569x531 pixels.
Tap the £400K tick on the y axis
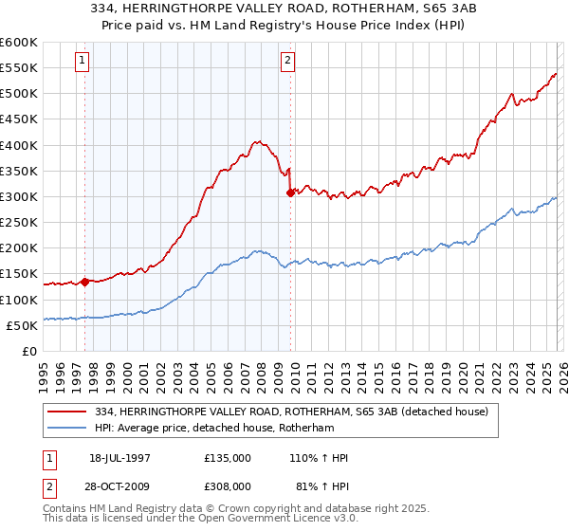[18, 145]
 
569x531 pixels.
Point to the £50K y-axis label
[21, 325]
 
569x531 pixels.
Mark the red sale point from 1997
[85, 282]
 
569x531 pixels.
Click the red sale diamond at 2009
[290, 192]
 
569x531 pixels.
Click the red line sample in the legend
[66, 412]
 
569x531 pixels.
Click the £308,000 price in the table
[228, 485]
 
